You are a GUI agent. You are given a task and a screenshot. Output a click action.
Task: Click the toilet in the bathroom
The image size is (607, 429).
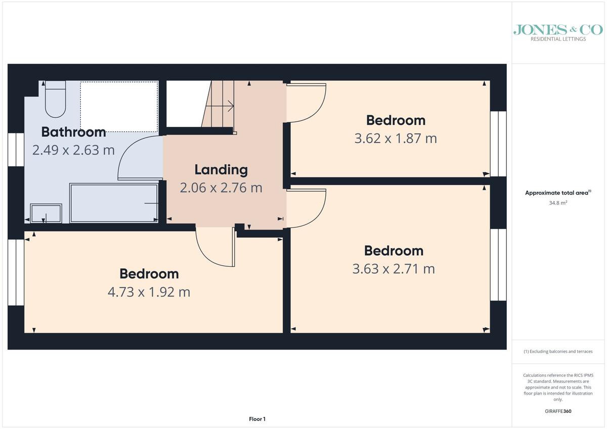coord(55,99)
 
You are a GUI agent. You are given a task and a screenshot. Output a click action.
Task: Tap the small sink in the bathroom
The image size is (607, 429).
coord(46,213)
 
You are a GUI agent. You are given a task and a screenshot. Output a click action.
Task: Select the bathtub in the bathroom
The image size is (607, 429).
coord(114,203)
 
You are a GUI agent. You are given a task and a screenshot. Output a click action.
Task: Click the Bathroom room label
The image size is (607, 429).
coord(73,132)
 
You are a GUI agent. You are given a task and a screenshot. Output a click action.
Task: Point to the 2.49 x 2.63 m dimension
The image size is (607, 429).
coord(73,150)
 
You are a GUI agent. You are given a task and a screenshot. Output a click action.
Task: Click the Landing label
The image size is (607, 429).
coord(221,170)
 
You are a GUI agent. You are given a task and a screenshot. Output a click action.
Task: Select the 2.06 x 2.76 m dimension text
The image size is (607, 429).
coord(221,188)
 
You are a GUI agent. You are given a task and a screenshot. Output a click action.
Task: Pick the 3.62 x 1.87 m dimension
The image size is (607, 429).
coord(396,138)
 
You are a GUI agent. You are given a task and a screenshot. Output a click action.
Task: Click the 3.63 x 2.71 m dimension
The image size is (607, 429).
coord(394,269)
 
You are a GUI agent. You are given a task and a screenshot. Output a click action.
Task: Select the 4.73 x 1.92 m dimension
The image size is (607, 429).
coord(149,292)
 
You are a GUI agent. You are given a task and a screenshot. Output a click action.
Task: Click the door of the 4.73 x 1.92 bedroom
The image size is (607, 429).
coord(214,257)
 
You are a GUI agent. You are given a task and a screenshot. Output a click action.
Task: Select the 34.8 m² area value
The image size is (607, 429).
coord(558,203)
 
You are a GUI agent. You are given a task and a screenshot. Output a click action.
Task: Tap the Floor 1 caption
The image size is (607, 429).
coord(257,419)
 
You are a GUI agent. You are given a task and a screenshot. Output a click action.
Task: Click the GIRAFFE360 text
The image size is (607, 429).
coord(558,411)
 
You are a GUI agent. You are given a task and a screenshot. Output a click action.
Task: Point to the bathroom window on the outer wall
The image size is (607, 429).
coord(16,150)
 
